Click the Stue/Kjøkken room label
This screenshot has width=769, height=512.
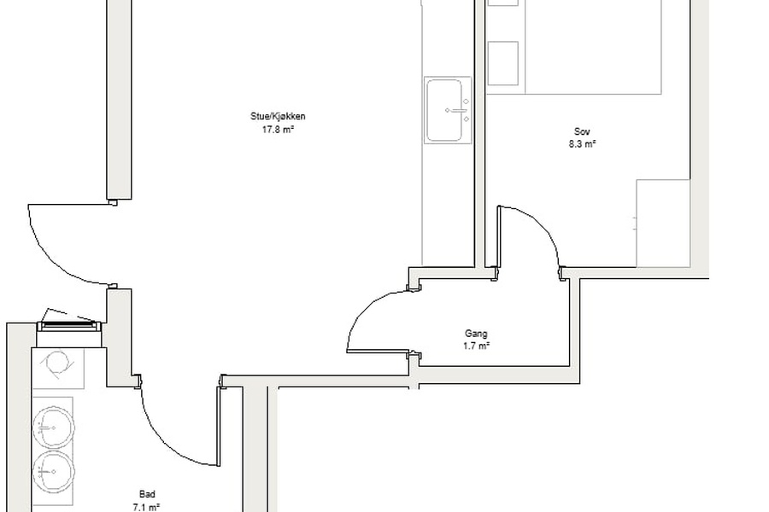[278, 117]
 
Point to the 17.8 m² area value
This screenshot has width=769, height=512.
[278, 130]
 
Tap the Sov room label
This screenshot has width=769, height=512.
[582, 131]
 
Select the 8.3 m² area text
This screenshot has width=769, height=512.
[582, 144]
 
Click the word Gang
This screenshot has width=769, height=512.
[476, 334]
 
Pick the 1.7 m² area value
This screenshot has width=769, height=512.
[476, 346]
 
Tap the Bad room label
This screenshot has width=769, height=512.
[147, 494]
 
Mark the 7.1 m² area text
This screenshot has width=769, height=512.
[147, 507]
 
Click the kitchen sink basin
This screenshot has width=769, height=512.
[444, 110]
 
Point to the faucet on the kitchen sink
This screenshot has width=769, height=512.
[460, 111]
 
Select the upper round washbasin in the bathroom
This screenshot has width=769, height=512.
[54, 428]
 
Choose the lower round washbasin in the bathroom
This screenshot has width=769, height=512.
[54, 472]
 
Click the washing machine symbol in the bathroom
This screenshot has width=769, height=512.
[58, 364]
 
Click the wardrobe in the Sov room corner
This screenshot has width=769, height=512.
[663, 224]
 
